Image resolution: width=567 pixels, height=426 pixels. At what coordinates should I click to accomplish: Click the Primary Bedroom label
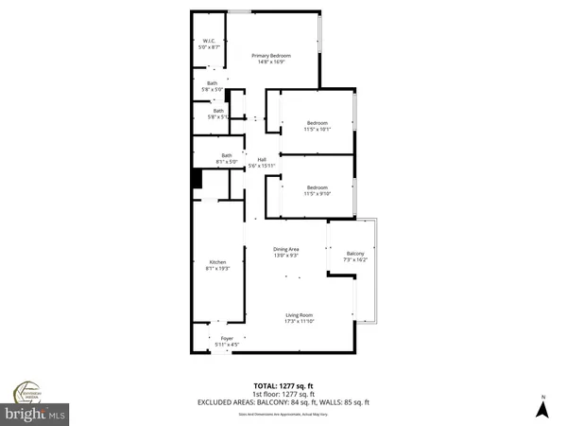tap(271, 56)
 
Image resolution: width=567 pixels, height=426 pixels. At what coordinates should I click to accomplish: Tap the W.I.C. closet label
tap(211, 40)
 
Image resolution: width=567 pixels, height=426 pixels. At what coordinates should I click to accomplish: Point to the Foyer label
tap(227, 338)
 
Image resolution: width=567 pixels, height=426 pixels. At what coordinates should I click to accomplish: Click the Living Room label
tap(300, 315)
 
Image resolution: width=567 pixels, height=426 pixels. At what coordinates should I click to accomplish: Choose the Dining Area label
tap(287, 248)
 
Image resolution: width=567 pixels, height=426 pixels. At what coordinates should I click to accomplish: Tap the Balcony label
tap(355, 254)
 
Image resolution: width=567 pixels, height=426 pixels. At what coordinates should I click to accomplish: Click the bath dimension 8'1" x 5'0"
tap(227, 163)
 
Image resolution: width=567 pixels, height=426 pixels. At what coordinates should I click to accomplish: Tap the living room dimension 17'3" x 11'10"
tap(300, 323)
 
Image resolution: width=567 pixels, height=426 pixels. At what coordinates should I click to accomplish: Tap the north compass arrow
tap(542, 409)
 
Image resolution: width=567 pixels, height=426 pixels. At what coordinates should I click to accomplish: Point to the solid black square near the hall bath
tap(197, 179)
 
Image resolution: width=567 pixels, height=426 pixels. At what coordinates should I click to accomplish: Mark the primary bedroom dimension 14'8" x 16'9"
tap(271, 63)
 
